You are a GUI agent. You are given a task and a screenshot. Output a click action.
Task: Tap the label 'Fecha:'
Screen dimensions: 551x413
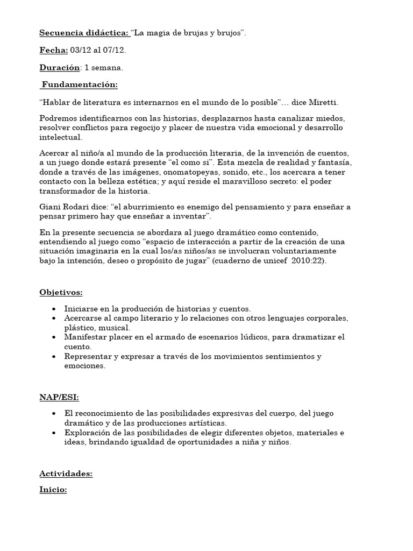53,51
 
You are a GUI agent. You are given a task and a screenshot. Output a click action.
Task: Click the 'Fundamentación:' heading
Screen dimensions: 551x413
80,85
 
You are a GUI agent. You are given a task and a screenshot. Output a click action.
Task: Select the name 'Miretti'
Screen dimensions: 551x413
322,102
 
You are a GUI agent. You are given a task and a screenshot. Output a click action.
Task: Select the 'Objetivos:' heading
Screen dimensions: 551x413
61,292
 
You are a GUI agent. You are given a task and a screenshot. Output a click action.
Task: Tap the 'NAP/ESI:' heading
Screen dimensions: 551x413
59,397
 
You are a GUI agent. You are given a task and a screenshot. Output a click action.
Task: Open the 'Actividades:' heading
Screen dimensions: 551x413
66,474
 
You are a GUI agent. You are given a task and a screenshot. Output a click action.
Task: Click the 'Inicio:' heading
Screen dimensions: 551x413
53,491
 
